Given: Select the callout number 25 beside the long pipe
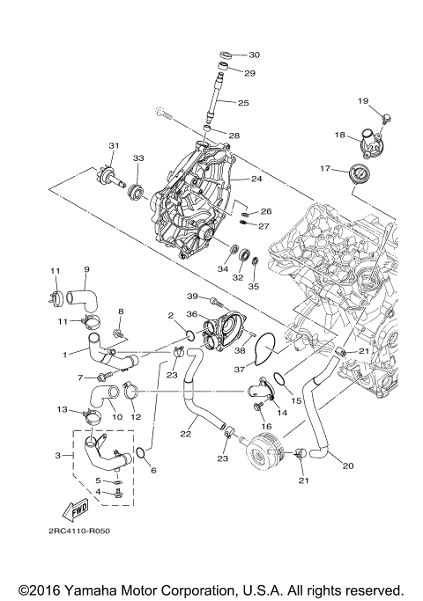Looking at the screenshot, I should (x=243, y=103).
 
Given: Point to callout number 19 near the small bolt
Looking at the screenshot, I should (x=362, y=101).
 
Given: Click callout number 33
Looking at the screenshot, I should (x=137, y=158).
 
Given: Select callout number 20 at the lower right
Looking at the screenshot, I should (x=347, y=465).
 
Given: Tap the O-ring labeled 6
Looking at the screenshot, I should (x=139, y=453).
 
